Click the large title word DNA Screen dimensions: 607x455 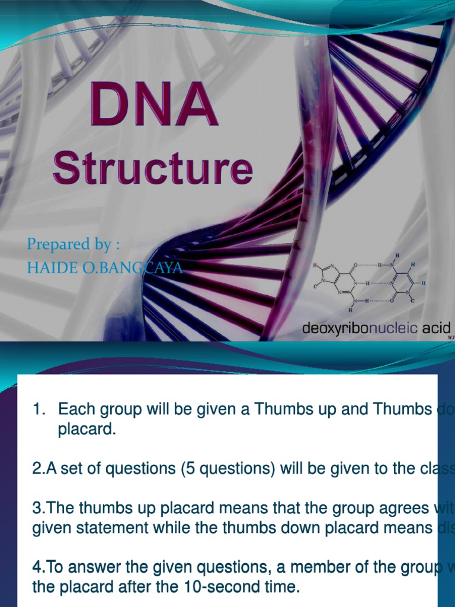[x=153, y=106]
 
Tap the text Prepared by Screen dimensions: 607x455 [x=69, y=244]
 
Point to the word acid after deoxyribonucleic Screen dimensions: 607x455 [x=437, y=328]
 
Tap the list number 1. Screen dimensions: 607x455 [x=39, y=409]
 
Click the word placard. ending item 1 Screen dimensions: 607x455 [x=86, y=429]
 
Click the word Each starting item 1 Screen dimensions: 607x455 [x=75, y=409]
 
